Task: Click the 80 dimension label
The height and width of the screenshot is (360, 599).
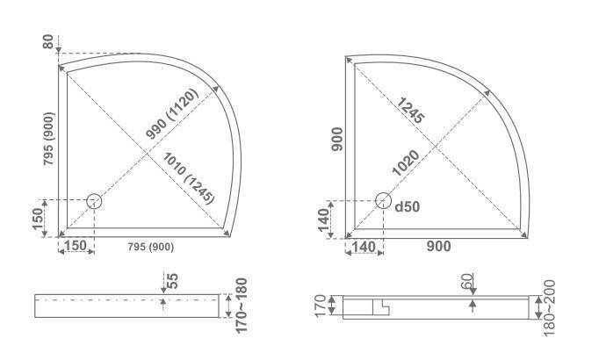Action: click(x=48, y=41)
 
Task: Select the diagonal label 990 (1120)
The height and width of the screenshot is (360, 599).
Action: click(x=172, y=114)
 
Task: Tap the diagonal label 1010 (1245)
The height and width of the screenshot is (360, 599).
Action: click(x=189, y=178)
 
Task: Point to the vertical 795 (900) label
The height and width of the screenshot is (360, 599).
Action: click(x=49, y=139)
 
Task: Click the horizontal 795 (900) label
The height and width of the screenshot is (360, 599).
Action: click(x=151, y=248)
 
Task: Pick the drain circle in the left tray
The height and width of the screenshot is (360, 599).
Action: click(x=94, y=201)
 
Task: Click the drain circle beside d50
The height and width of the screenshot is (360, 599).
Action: click(x=383, y=200)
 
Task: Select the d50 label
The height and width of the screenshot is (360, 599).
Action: click(x=408, y=206)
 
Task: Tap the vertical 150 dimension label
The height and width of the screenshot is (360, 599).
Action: click(x=38, y=219)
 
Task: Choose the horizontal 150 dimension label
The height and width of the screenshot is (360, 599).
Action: click(x=76, y=246)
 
